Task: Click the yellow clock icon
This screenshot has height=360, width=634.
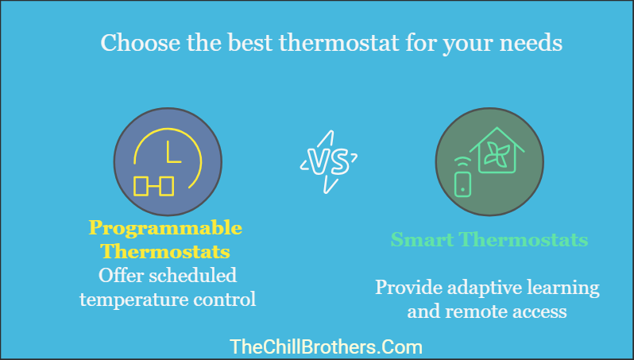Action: click(x=167, y=162)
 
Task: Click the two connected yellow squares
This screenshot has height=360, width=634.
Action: click(x=153, y=186)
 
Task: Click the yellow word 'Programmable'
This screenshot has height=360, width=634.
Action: click(x=165, y=229)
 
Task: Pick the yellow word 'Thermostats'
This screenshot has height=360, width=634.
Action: click(x=165, y=253)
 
